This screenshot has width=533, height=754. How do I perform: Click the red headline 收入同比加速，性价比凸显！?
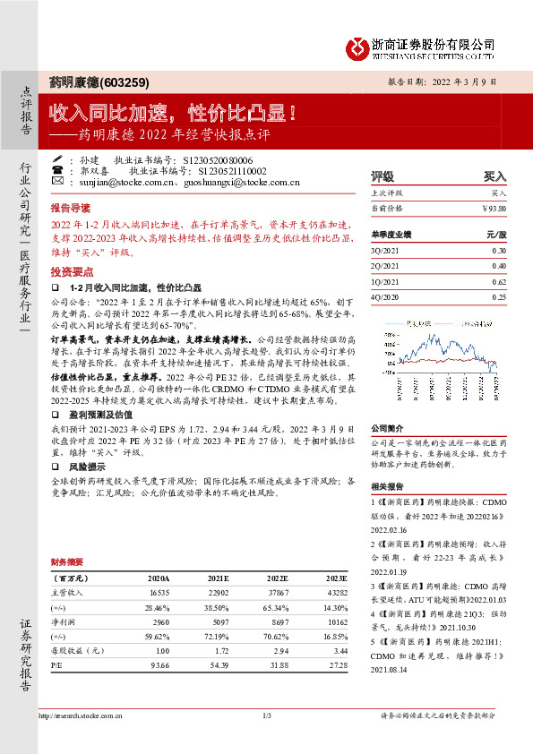[x=173, y=114]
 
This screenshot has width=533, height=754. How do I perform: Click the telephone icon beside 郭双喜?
[x=57, y=168]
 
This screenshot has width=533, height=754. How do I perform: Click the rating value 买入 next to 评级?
[x=494, y=176]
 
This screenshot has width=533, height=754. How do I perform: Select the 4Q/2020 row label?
[x=383, y=296]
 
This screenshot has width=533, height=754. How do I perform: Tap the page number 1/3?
[x=267, y=715]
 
